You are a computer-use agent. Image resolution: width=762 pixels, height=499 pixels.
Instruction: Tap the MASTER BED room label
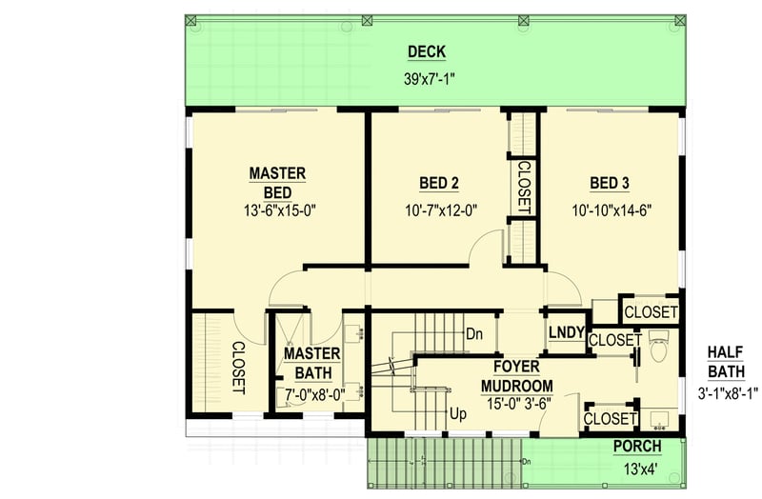277,183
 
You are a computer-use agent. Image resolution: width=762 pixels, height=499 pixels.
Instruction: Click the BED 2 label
439,183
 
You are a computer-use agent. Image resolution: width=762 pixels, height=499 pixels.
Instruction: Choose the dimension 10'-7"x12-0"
439,210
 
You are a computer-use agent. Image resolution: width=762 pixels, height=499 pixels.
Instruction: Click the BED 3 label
610,183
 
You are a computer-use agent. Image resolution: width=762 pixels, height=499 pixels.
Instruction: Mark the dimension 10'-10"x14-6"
612,210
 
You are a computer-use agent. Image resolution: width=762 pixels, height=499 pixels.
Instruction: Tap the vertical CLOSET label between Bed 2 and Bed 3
523,186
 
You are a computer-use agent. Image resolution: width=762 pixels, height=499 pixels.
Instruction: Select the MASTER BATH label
306,363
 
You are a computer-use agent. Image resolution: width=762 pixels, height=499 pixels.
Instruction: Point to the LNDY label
566,332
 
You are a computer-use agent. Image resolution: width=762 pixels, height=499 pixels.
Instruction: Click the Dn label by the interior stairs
474,334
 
